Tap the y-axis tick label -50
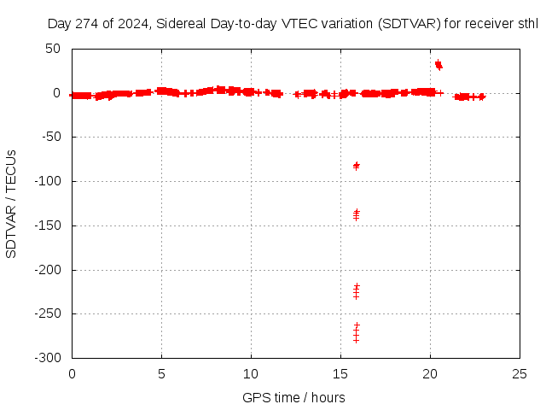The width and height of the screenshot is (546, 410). [49, 137]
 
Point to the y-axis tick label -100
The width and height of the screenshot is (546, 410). [46, 181]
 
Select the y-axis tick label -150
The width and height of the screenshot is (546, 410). [46, 225]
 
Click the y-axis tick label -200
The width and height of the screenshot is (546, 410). [46, 270]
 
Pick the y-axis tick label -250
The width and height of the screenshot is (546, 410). [46, 313]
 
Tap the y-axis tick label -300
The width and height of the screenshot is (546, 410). [46, 358]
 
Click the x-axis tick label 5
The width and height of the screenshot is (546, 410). [161, 373]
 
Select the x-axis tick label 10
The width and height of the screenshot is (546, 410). [251, 373]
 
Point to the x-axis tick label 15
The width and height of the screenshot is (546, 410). [340, 373]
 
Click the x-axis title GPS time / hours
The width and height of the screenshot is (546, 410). [293, 397]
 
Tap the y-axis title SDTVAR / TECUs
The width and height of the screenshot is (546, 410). [12, 203]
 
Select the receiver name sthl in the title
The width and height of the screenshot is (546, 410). [528, 24]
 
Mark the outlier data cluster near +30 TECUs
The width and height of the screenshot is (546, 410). [439, 64]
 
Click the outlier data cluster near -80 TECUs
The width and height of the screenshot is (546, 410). [356, 165]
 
